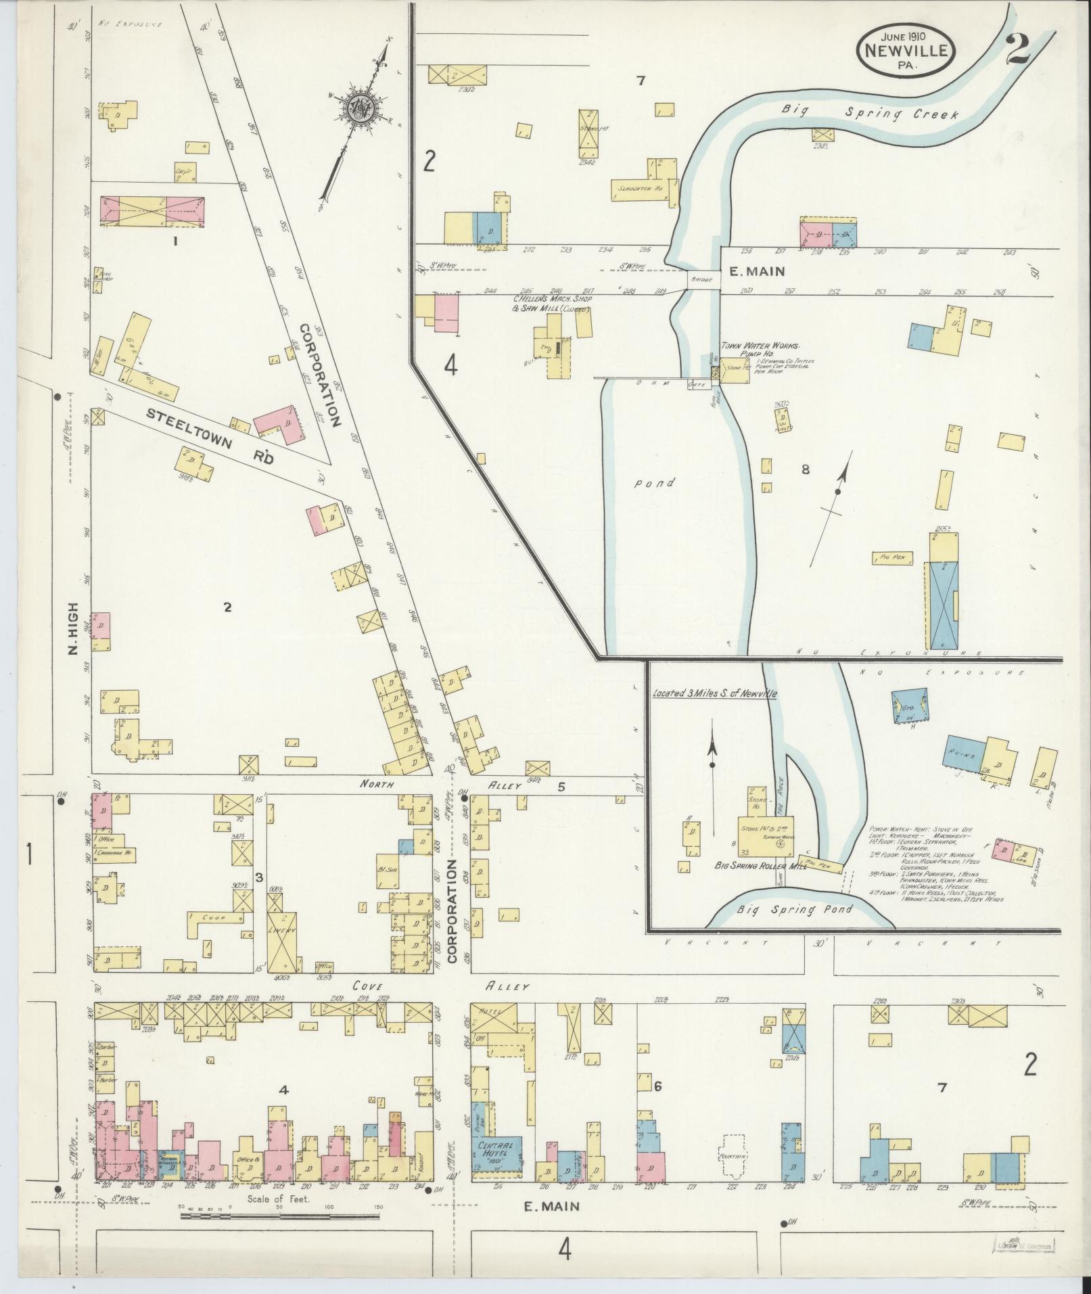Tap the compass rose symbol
coord(358,107)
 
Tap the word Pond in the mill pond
coord(655,483)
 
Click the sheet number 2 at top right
coord(1017,49)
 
